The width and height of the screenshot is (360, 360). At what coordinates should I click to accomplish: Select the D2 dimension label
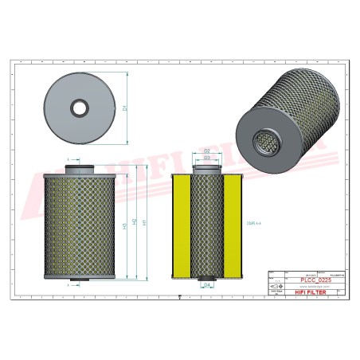coord(206,151)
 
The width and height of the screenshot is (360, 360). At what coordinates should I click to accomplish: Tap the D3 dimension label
coord(206,158)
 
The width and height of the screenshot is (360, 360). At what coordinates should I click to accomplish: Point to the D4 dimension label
coord(206,284)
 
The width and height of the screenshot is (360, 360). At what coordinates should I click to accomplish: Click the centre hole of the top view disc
coord(79,105)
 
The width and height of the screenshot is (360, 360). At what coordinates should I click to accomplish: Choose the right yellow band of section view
coord(231,225)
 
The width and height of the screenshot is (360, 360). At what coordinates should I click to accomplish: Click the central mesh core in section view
coord(206,225)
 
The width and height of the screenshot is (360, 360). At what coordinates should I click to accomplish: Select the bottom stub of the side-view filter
coord(79,280)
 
